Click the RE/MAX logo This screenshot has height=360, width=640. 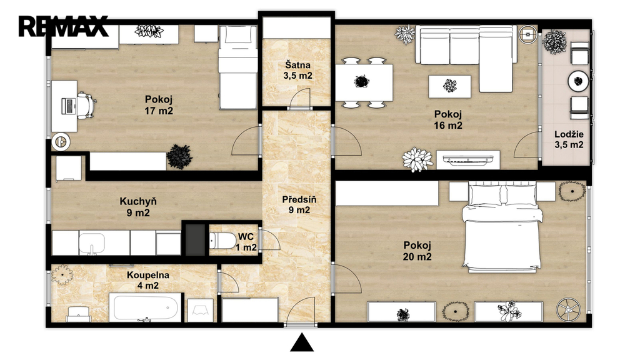[63, 26]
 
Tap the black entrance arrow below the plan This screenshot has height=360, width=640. [302, 342]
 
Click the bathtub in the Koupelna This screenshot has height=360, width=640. [146, 307]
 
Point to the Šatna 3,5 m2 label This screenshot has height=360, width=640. [297, 70]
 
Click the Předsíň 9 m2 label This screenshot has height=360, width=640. [299, 205]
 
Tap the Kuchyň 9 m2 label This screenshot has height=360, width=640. [138, 207]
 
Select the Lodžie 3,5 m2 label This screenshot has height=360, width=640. [569, 139]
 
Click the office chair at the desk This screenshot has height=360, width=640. [86, 106]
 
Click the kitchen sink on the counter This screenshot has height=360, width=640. [92, 243]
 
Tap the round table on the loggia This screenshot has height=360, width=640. [578, 81]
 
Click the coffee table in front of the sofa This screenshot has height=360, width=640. [449, 86]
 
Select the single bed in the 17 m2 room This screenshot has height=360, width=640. [237, 67]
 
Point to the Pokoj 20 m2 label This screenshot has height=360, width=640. [417, 251]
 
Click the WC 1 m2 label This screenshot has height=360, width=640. [246, 242]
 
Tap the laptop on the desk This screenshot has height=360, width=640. [68, 106]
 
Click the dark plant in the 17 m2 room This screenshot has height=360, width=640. [179, 156]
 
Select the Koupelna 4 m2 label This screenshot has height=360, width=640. [147, 280]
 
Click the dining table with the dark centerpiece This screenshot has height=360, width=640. [364, 82]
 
